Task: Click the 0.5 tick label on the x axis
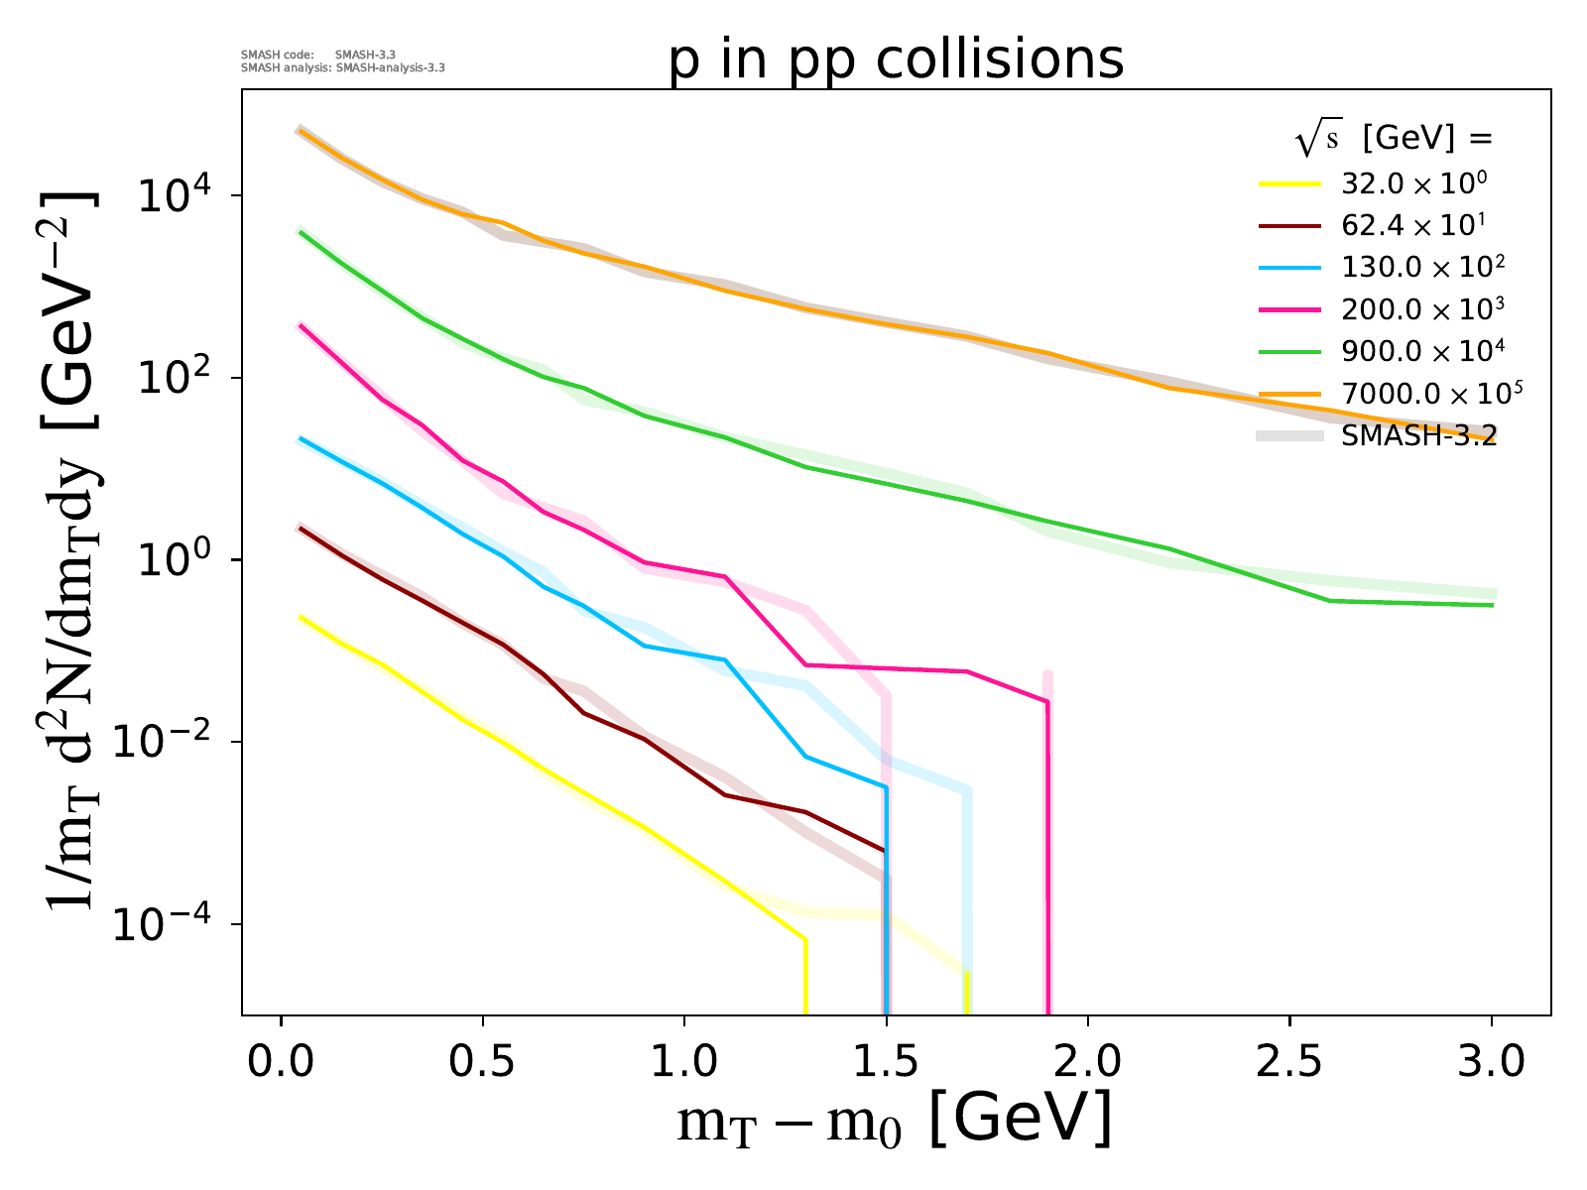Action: pos(483,1061)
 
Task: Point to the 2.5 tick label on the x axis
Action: pos(1289,1061)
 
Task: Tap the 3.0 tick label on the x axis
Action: pos(1492,1061)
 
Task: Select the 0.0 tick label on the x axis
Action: pos(282,1061)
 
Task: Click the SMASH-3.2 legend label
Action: pos(1418,435)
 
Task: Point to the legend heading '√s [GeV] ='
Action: pos(1394,140)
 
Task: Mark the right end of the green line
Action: pos(1492,605)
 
